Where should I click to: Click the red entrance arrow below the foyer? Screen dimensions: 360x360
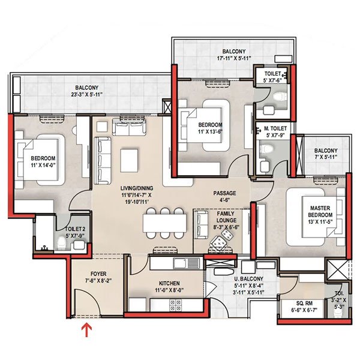88,329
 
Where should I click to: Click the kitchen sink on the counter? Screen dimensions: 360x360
181,263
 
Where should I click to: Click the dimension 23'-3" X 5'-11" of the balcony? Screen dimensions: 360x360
87,94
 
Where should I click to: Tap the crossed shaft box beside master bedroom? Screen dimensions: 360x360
335,271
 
